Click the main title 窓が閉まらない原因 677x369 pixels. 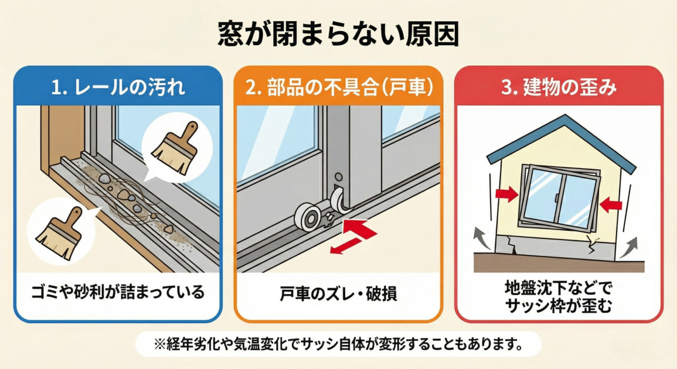coord(338,34)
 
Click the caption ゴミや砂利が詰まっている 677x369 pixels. coord(118,292)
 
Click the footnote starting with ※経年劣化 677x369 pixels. coord(338,343)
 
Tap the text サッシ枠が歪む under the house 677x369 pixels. coord(559,305)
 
